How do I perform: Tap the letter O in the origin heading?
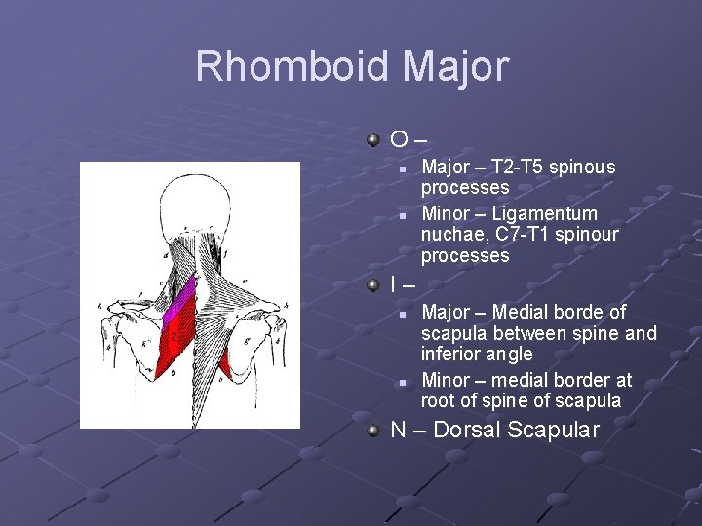click(399, 141)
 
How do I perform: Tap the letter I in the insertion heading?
click(393, 285)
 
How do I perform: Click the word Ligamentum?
click(545, 213)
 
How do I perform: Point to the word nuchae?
click(451, 235)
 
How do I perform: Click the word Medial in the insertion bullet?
click(526, 312)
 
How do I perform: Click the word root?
click(438, 401)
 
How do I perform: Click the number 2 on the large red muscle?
click(174, 337)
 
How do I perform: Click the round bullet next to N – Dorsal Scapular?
click(372, 430)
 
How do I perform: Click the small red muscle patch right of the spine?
click(224, 362)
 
